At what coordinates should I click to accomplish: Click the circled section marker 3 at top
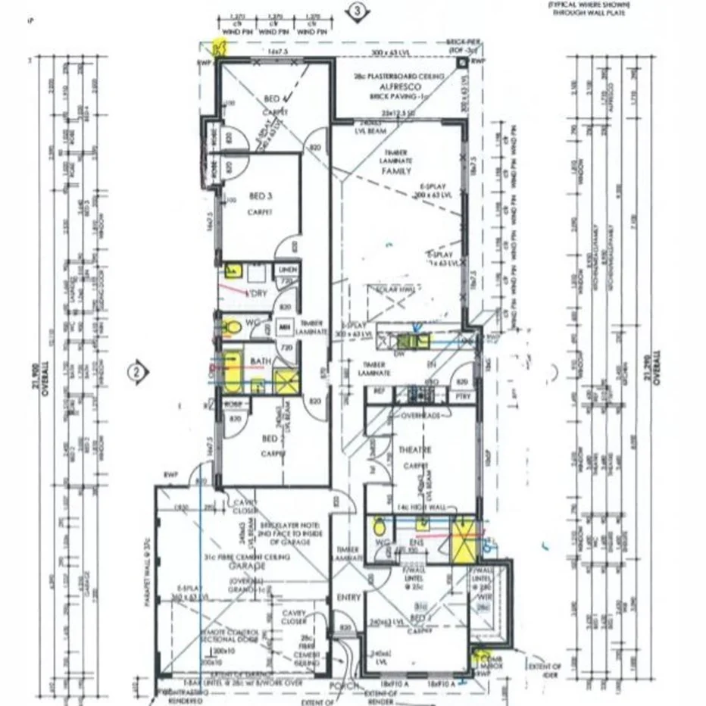coord(358,11)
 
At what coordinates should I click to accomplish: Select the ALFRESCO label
coord(389,88)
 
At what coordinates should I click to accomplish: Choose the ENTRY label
coord(348,598)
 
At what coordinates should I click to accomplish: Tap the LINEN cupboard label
coord(287,270)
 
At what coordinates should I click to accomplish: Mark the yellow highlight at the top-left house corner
coord(220,48)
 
